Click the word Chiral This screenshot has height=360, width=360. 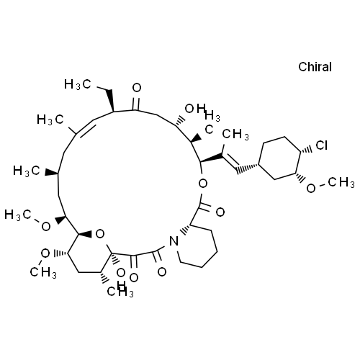tap(315, 67)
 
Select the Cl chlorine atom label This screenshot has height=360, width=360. tap(322, 145)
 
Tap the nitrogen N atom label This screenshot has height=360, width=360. tap(174, 241)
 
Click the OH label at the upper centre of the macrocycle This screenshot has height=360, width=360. tap(195, 109)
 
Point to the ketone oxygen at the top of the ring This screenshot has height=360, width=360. tap(137, 88)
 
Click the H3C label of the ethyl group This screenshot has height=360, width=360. tap(78, 84)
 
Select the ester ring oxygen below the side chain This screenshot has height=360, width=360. tap(203, 184)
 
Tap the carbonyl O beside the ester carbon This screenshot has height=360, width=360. tap(220, 212)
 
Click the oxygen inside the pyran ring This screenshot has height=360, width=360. tap(100, 234)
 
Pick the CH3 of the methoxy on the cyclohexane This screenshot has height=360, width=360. tap(341, 183)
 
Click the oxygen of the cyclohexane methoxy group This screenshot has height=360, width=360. tap(311, 188)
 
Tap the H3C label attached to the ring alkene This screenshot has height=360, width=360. tap(50, 120)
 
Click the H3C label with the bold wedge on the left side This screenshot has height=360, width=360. tap(27, 171)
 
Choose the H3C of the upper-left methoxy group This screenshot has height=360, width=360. tap(18, 215)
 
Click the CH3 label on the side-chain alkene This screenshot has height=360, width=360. tap(235, 134)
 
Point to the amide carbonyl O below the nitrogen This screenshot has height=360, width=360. tap(162, 272)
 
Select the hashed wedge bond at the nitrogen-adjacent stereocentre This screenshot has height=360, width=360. tap(185, 229)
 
